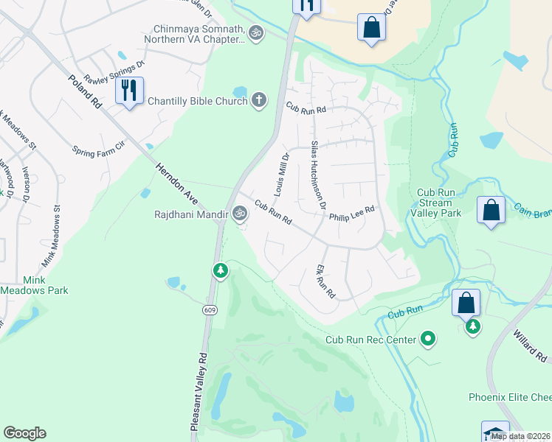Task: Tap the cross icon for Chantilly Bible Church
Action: click(258, 100)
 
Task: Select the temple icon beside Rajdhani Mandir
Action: click(239, 214)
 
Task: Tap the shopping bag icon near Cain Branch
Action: click(491, 211)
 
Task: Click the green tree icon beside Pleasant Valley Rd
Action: click(220, 272)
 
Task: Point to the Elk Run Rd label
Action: click(325, 281)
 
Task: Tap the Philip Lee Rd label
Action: click(352, 214)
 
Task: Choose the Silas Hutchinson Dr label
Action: click(318, 175)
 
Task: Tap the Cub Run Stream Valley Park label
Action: click(439, 203)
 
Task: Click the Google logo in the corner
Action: click(24, 433)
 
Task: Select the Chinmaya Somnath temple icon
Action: click(256, 32)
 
